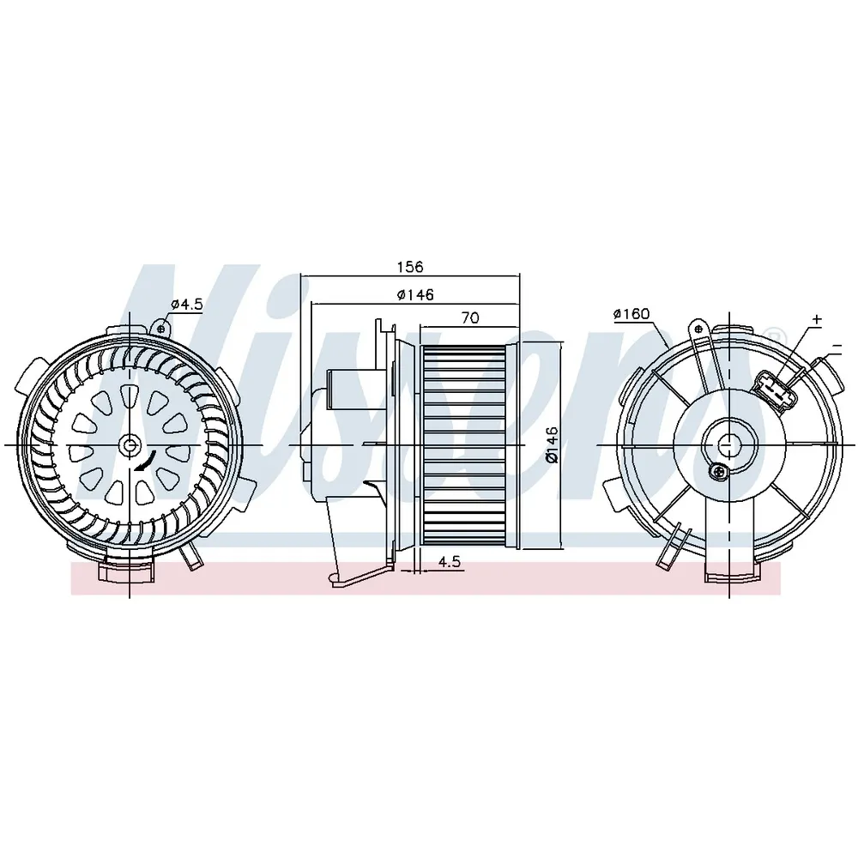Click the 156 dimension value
[x=410, y=267]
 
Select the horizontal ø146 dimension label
[x=415, y=295]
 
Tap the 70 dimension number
[x=470, y=317]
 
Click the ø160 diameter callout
[x=631, y=314]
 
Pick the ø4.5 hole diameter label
[x=186, y=305]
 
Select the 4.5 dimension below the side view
[x=450, y=562]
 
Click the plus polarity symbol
[x=817, y=318]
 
